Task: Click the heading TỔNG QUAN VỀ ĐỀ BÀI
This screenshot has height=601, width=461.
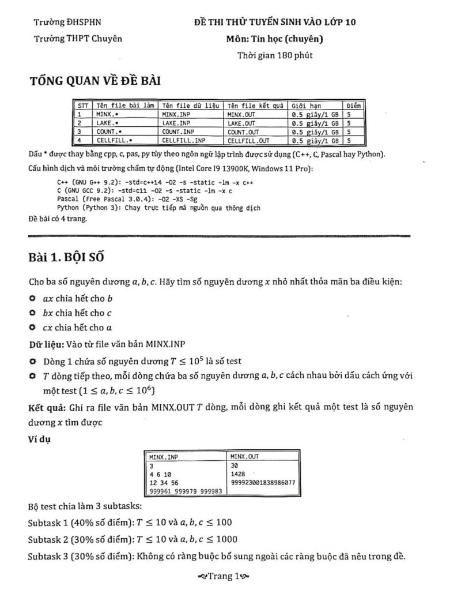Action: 95,81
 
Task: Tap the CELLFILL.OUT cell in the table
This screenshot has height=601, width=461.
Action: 248,140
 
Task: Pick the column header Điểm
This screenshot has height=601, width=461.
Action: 354,106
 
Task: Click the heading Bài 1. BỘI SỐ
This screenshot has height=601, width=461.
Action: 66,257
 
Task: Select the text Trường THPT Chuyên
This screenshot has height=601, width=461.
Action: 78,39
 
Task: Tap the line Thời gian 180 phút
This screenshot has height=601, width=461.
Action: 275,55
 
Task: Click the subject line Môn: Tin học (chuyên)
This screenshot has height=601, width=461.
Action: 275,39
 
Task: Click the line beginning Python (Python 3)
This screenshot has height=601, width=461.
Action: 158,208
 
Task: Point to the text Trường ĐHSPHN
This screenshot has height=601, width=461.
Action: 67,22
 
